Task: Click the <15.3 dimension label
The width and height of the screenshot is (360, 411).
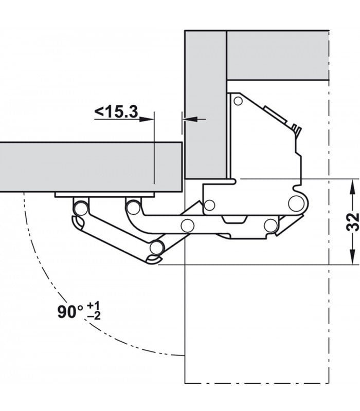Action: pos(116,111)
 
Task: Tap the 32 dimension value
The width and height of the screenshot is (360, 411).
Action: pos(352,222)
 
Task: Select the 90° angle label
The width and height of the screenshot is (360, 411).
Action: pos(70,312)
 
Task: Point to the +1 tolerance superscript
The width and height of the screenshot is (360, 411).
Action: pos(94,306)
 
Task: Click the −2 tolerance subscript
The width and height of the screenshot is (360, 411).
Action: pos(94,316)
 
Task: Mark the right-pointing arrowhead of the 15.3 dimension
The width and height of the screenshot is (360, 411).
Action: pos(147,120)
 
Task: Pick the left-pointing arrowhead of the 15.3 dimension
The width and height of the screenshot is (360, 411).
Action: pos(190,120)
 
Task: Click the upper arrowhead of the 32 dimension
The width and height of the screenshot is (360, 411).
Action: pos(352,186)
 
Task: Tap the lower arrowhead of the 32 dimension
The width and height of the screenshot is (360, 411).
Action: pos(352,257)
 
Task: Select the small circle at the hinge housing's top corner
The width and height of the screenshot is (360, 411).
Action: pos(238,101)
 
